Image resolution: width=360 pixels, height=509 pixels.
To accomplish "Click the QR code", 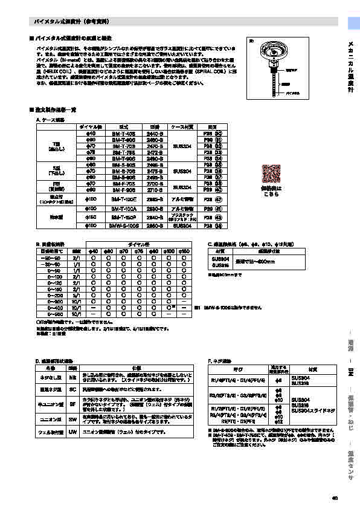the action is [x=271, y=173].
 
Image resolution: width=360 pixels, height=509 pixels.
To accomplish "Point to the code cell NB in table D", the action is [x=72, y=377].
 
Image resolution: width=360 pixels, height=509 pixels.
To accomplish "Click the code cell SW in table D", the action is [x=72, y=417].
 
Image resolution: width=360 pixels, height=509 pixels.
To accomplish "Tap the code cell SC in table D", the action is [x=72, y=390].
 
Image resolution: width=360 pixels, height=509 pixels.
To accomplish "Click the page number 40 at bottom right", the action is [x=335, y=498].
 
